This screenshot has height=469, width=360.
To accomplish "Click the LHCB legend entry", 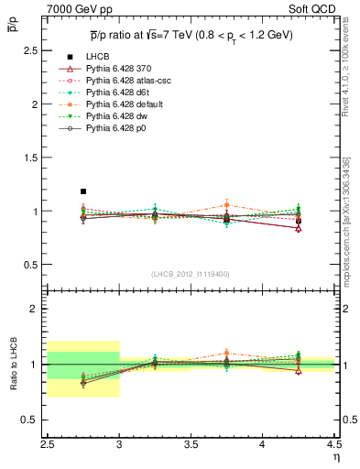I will point(97,58).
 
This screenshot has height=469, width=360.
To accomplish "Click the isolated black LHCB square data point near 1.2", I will point(83,191).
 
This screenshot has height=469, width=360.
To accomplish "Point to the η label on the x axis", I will point(334,455).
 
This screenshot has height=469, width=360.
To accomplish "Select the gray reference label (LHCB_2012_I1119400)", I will point(191,274).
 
